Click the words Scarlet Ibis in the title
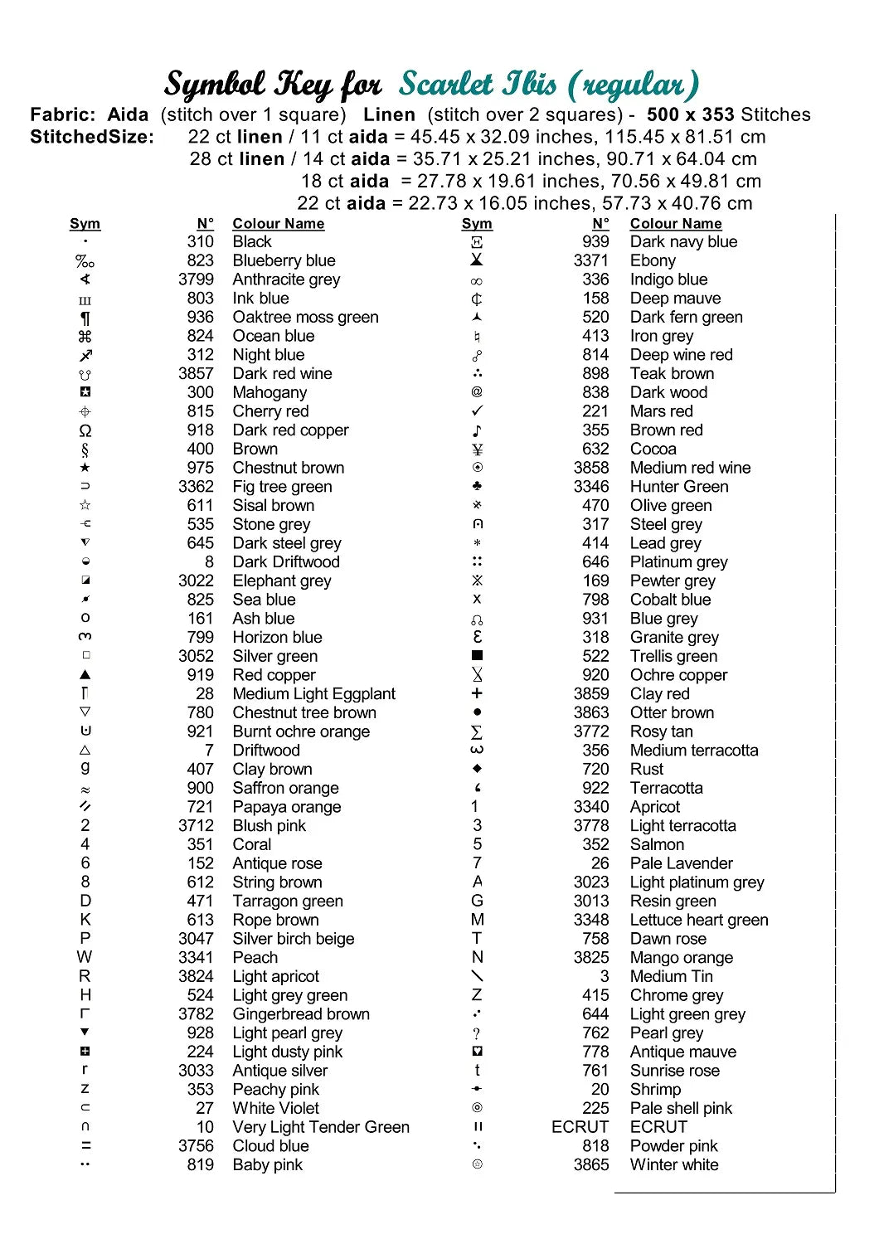click(x=478, y=84)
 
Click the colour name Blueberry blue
click(x=284, y=260)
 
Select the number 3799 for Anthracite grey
click(x=196, y=279)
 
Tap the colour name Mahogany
click(x=270, y=392)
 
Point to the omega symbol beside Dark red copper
click(x=85, y=430)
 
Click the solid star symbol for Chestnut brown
click(x=85, y=468)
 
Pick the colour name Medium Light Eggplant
click(x=313, y=693)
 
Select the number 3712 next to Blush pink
click(x=196, y=825)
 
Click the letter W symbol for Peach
click(x=85, y=957)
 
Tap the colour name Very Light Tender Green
click(x=321, y=1127)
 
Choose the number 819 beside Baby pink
click(x=200, y=1164)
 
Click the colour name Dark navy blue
click(x=683, y=241)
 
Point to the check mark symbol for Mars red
click(x=477, y=411)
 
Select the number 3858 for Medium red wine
click(x=591, y=468)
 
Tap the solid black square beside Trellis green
click(x=477, y=656)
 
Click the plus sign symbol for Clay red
click(x=477, y=693)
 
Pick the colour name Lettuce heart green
click(x=699, y=920)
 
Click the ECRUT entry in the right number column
click(x=580, y=1127)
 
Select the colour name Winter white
click(x=674, y=1164)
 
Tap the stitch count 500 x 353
click(x=691, y=114)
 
